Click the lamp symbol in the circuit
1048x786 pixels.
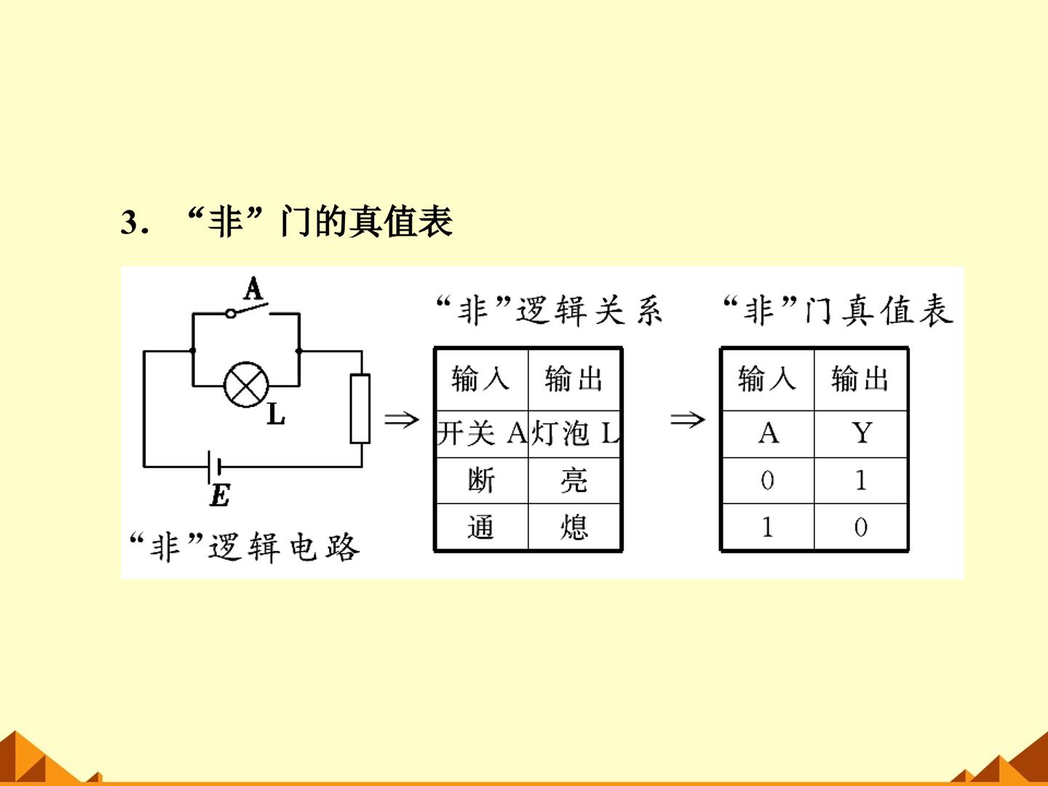(247, 385)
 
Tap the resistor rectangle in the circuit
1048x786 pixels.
(360, 409)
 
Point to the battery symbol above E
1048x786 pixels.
(213, 467)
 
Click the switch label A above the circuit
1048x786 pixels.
(253, 288)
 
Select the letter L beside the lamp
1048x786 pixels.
(276, 414)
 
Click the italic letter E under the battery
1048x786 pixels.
(220, 496)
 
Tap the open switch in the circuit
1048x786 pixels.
(247, 310)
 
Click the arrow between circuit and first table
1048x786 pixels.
(402, 420)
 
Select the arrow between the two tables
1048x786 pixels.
(688, 420)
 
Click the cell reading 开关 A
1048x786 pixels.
(483, 434)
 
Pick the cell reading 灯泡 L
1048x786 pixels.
(574, 434)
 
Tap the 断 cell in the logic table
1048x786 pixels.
(483, 480)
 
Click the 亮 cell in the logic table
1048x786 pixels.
(574, 480)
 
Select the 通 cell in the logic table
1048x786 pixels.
(483, 527)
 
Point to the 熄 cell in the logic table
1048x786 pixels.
(574, 527)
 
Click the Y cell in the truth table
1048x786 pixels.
(861, 434)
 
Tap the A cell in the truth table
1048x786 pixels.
(769, 434)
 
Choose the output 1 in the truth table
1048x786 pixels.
(861, 480)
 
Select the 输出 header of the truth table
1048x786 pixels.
(861, 379)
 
